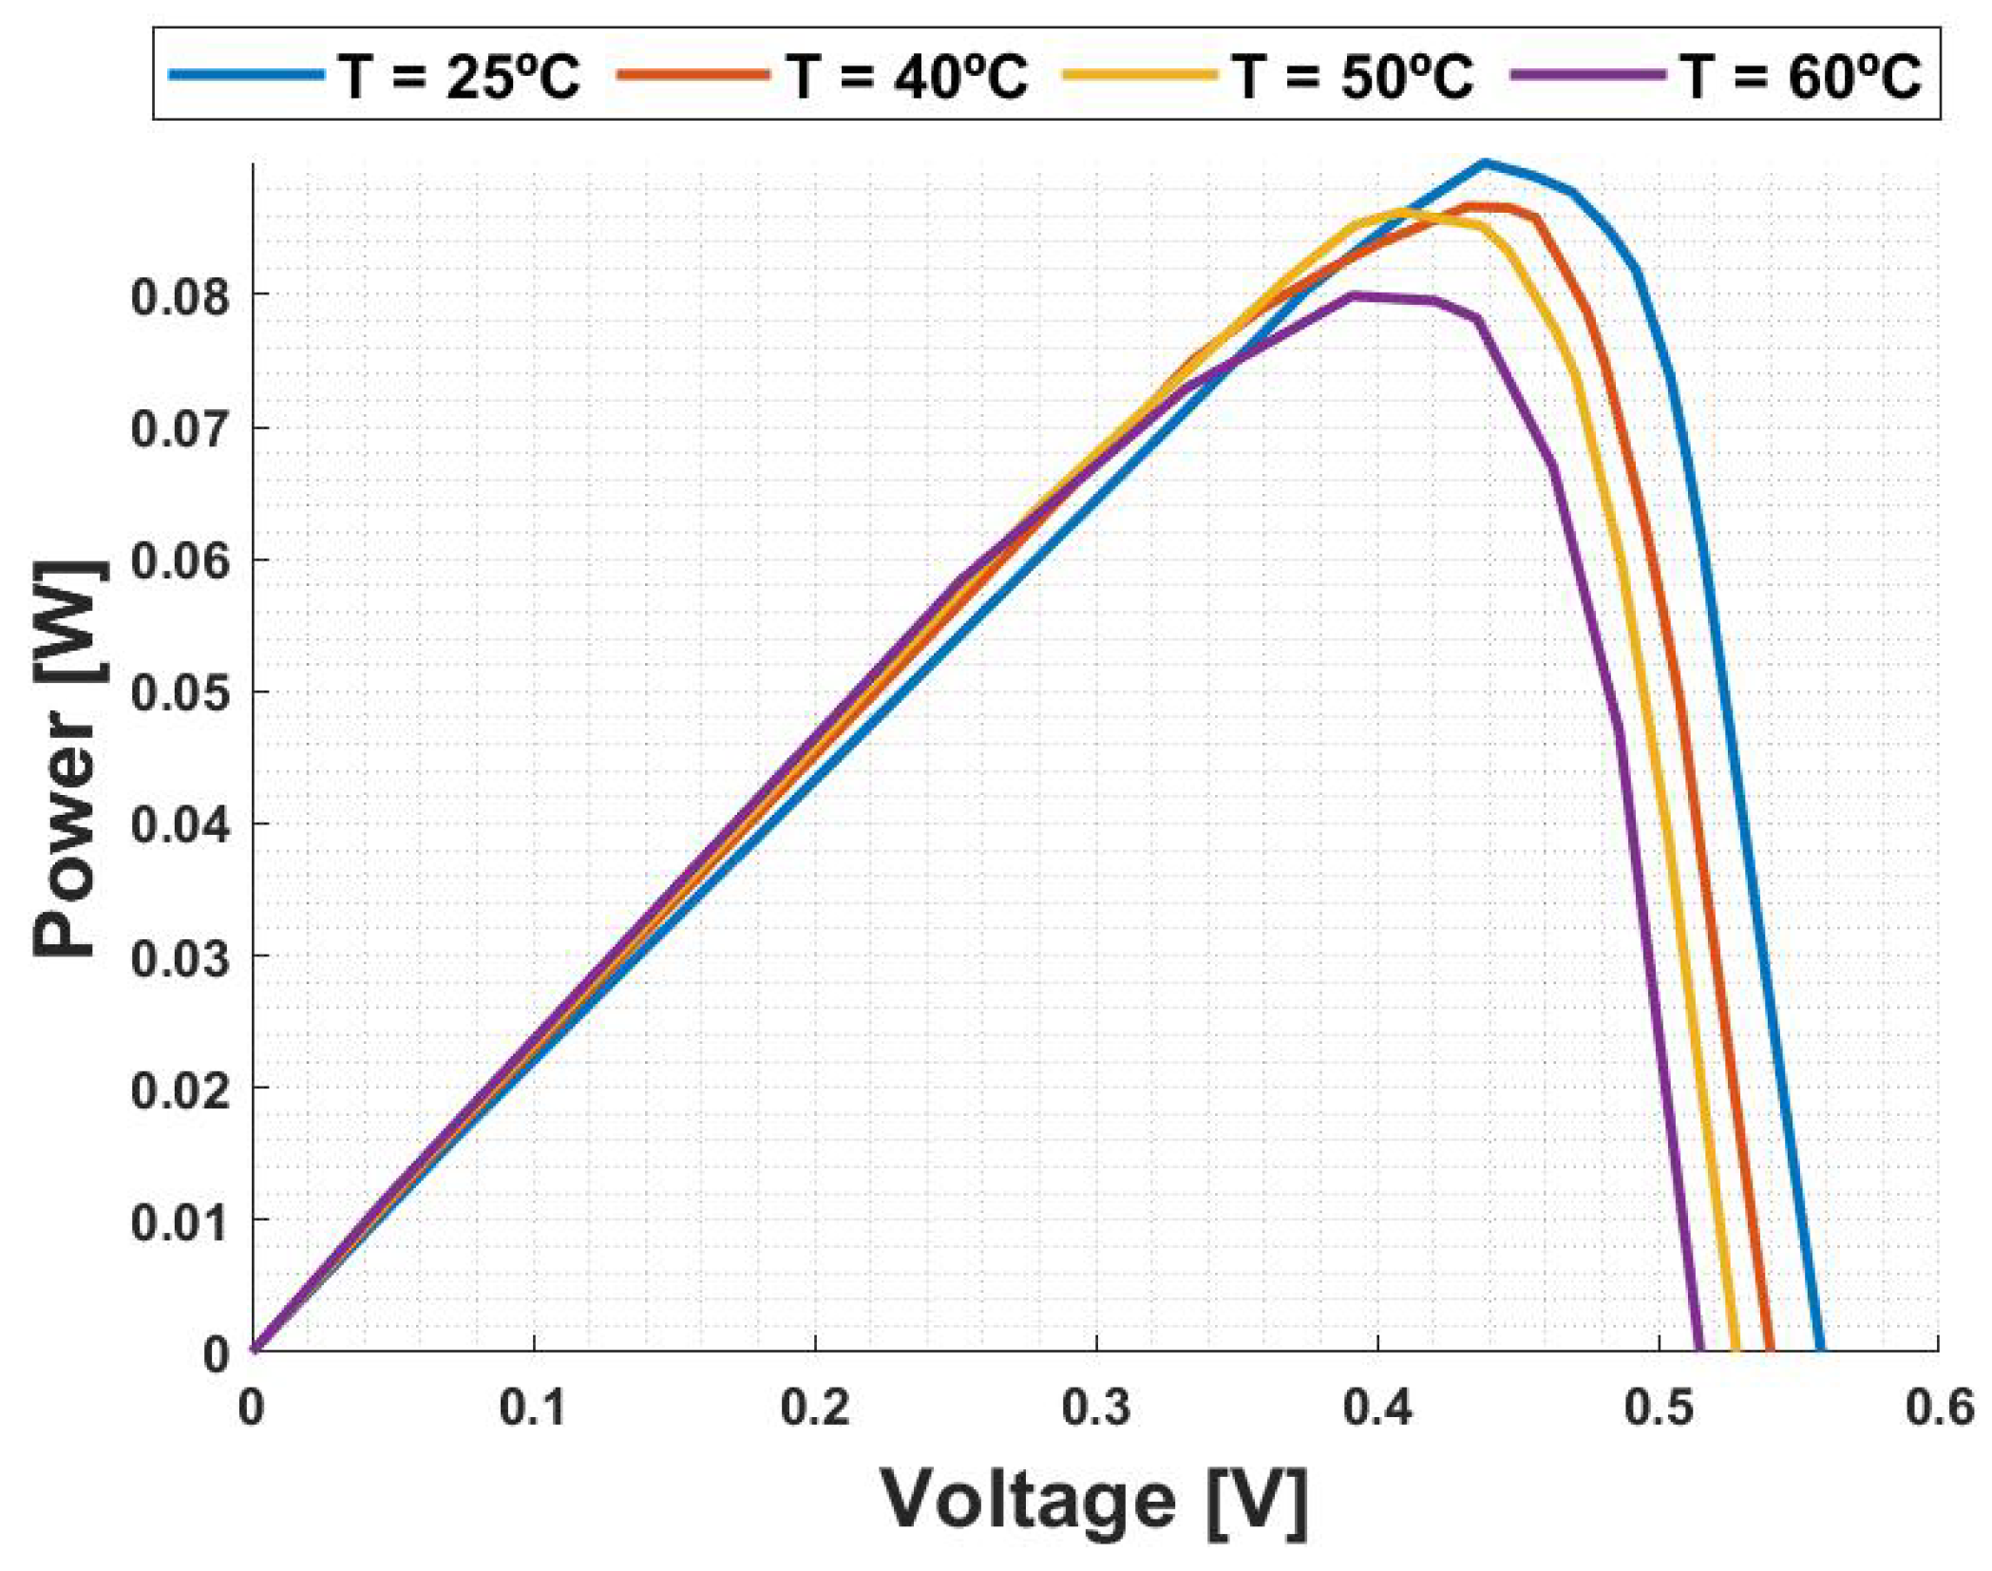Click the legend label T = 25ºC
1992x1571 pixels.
[458, 76]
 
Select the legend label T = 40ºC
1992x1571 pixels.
[906, 76]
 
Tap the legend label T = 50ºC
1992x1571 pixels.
[1353, 76]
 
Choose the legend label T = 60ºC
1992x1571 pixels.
[1800, 76]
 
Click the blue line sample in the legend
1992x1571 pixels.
[246, 74]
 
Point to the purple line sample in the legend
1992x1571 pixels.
[1588, 74]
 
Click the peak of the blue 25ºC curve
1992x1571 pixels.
[1485, 163]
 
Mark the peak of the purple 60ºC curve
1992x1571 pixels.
[1353, 295]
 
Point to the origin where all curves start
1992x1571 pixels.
[254, 1349]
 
